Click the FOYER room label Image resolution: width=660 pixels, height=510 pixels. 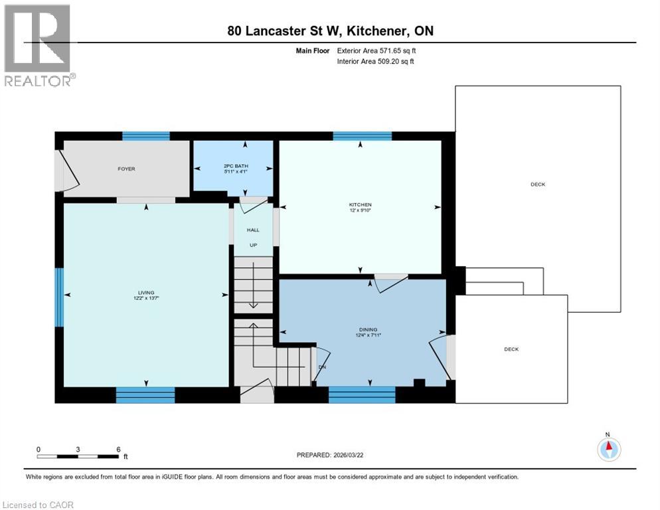tap(126, 169)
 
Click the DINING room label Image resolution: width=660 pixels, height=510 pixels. tap(368, 329)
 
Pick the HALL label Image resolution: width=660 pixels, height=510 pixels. tap(253, 230)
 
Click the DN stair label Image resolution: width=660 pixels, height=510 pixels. tap(322, 367)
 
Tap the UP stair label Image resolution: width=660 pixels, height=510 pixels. tap(253, 244)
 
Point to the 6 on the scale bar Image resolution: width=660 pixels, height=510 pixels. tap(118, 449)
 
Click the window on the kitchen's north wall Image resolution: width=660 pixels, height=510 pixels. tap(362, 136)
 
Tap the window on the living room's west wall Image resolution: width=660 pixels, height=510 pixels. tap(59, 297)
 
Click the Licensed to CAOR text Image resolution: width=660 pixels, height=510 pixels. tap(38, 505)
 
